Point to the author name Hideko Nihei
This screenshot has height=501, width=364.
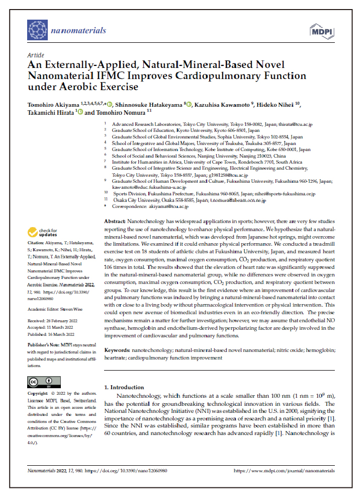[280, 104]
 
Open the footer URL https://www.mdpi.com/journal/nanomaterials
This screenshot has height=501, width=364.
[284, 470]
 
